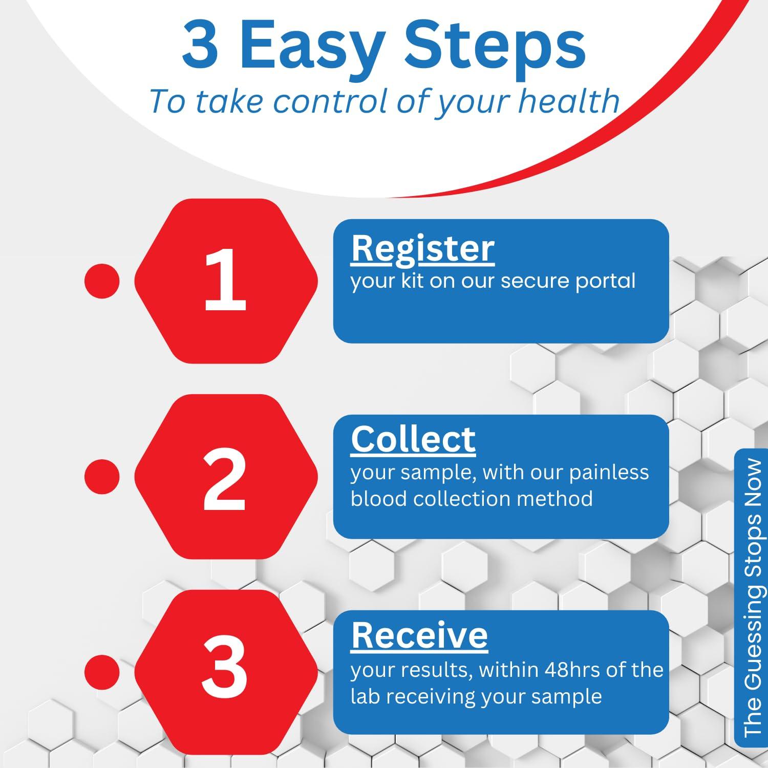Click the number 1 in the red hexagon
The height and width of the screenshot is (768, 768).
point(226,280)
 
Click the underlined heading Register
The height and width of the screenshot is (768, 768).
point(423,249)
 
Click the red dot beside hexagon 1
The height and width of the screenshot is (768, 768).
point(102,281)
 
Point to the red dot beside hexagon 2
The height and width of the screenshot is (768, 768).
point(102,477)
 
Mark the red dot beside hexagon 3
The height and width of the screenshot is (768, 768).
point(102,672)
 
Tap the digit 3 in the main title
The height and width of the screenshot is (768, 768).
point(200,45)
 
